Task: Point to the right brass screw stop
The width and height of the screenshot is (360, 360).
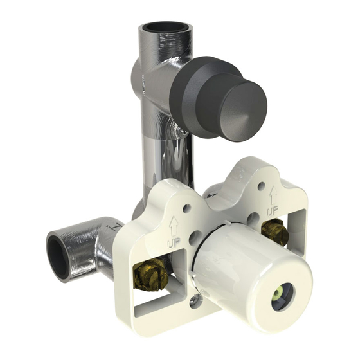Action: [x=274, y=231]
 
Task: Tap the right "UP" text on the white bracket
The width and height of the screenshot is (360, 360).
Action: [x=273, y=208]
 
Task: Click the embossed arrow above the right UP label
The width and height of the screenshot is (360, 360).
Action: [x=273, y=194]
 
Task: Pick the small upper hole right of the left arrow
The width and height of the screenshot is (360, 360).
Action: [x=186, y=210]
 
